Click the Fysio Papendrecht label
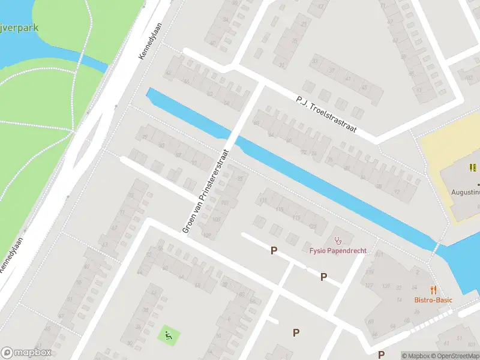338,250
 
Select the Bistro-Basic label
433,300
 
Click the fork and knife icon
433,289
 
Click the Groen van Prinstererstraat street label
206,191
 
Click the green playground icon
168,334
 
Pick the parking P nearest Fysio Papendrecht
323,277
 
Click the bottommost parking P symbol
296,332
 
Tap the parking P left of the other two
274,251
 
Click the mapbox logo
26,353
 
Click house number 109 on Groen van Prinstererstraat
208,235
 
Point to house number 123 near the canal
313,226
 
